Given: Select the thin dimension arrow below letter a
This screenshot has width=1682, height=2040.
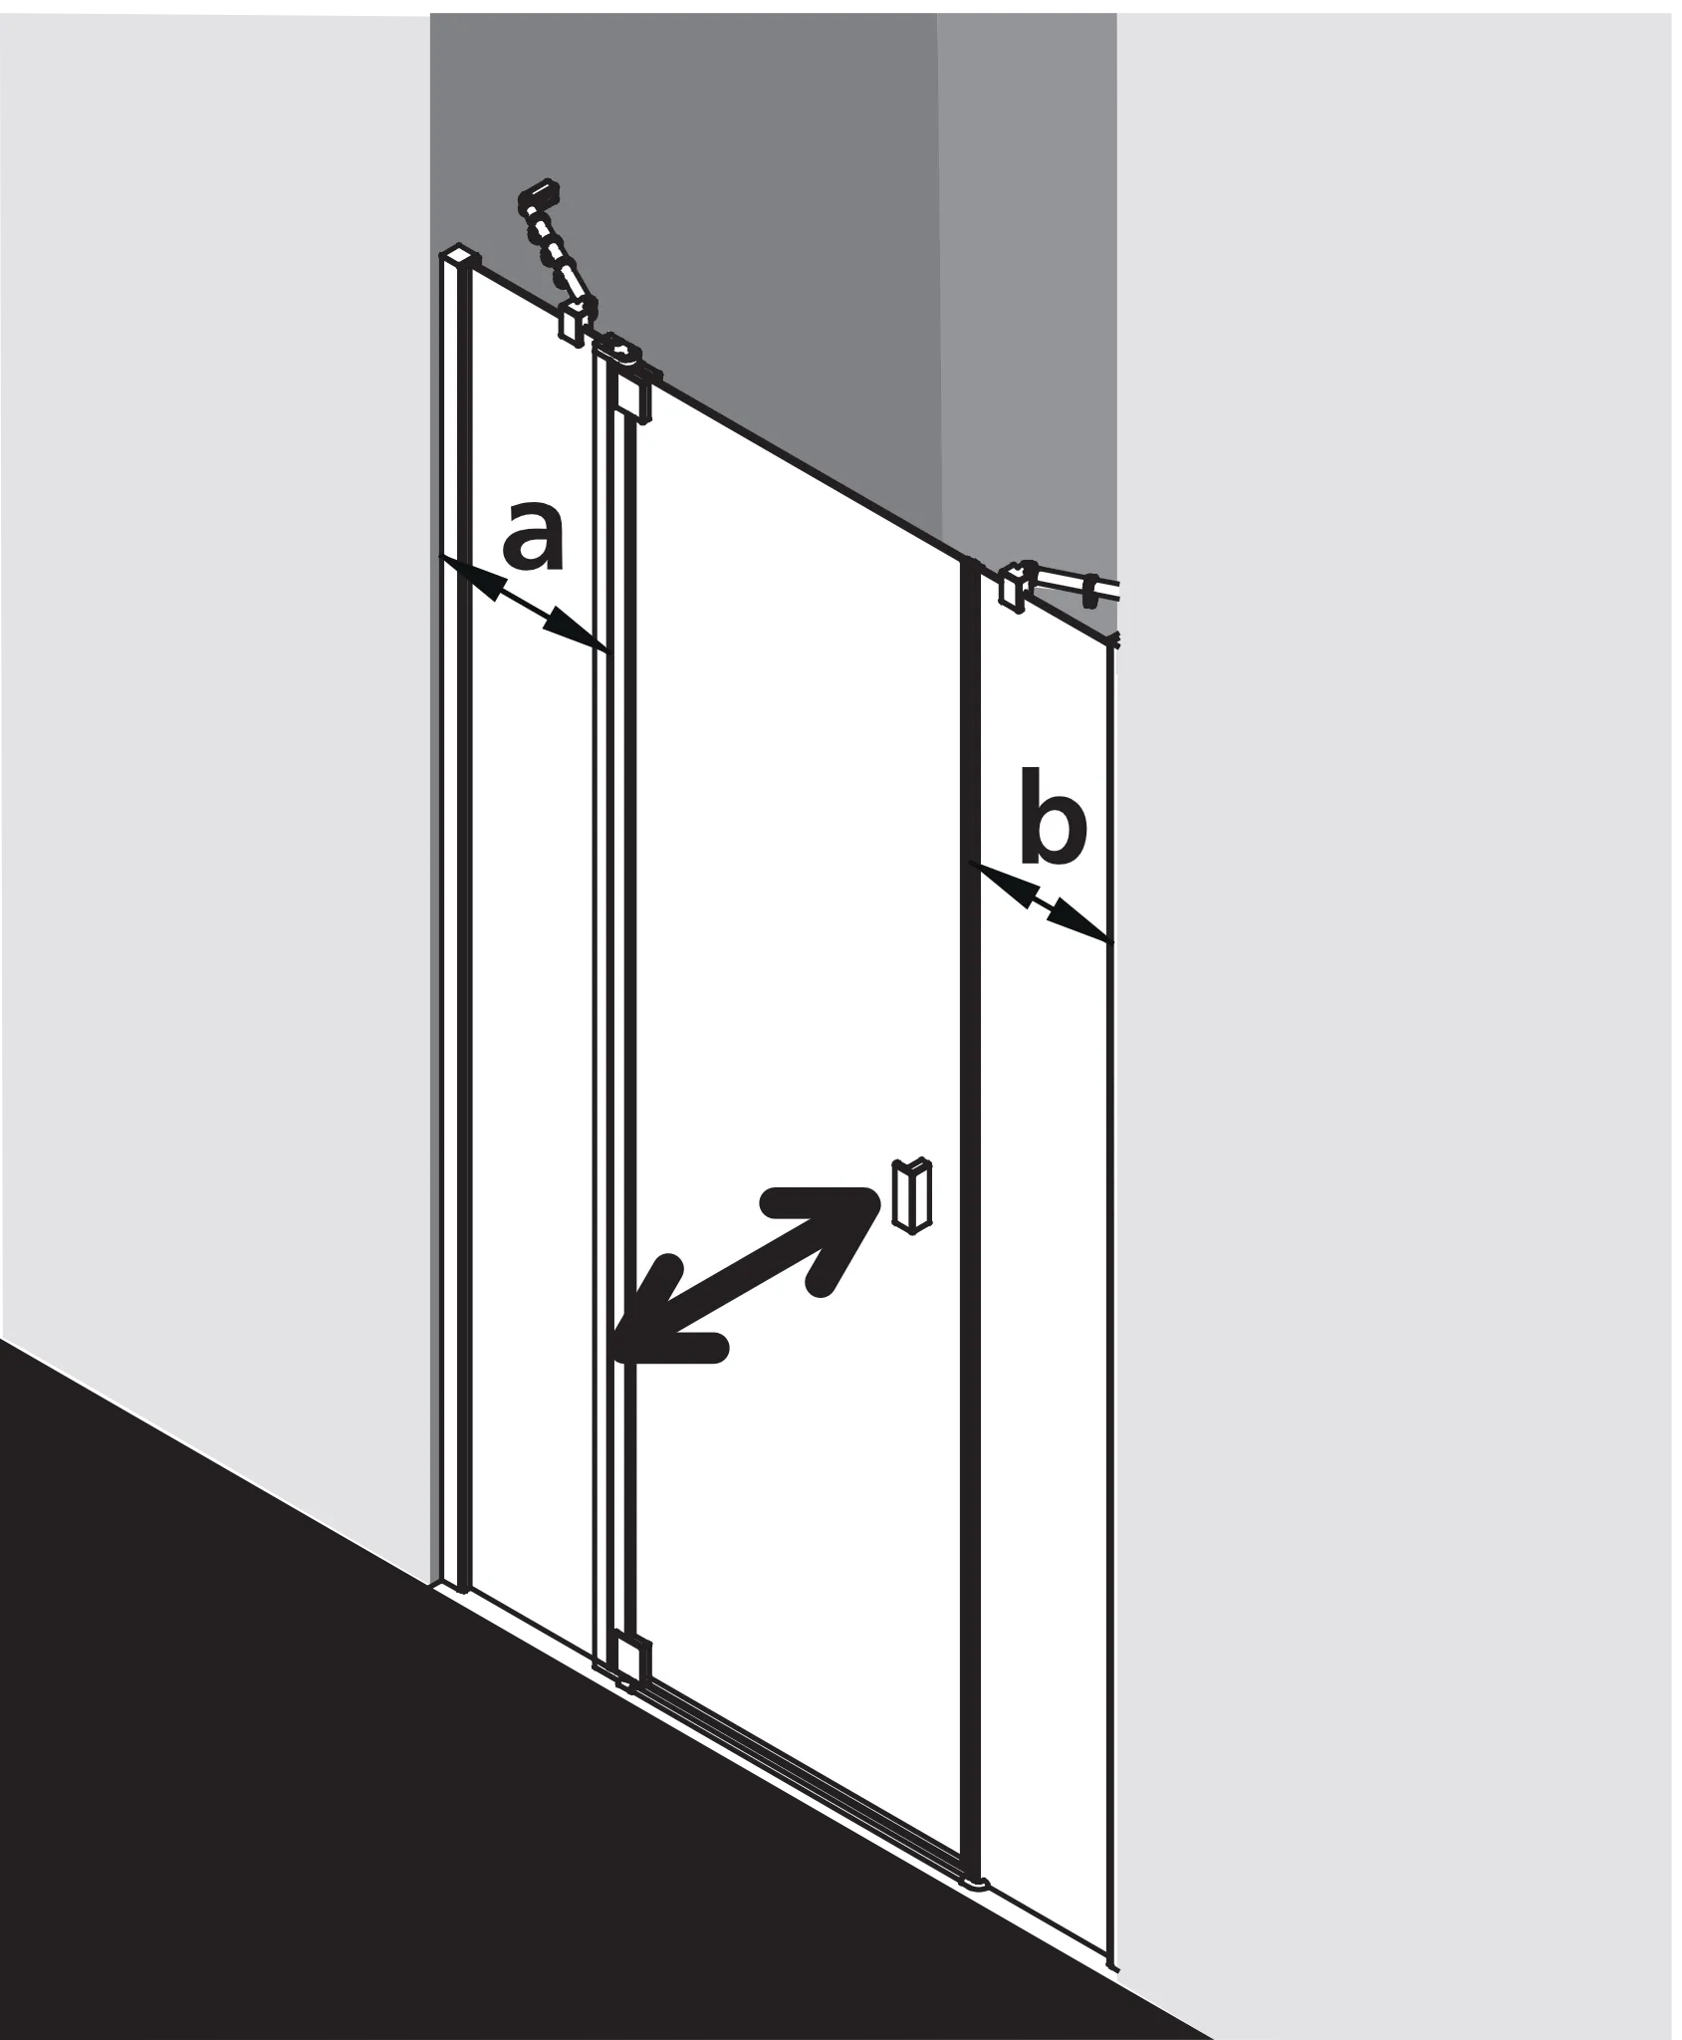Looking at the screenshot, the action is [523, 605].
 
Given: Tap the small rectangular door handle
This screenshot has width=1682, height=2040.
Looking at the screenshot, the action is [913, 1194].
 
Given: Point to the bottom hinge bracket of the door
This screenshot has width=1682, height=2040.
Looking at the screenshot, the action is [631, 1657].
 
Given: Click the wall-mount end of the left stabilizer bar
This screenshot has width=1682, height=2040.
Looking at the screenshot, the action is [539, 193].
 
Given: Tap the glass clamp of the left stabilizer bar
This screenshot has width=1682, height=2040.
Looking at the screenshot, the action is [572, 323].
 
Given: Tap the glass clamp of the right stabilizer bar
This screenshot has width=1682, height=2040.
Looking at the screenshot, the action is [1013, 587].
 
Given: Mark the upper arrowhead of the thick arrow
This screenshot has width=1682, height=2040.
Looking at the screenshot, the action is [832, 1231].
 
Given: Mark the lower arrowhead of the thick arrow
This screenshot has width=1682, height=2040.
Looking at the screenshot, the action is [662, 1315].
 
